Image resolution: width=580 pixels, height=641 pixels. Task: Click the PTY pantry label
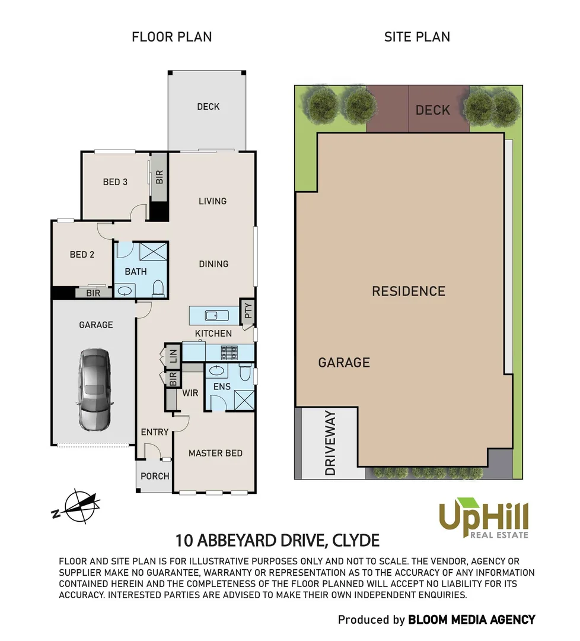(248, 311)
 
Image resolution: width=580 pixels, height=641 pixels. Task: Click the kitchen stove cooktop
(229, 353)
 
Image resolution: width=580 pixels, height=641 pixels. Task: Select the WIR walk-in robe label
(190, 393)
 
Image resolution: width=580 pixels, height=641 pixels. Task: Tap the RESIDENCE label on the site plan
(408, 291)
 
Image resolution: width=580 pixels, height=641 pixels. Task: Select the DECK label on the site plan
(432, 110)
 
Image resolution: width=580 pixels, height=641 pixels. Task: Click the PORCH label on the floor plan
(155, 476)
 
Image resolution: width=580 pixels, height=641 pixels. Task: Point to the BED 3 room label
(115, 182)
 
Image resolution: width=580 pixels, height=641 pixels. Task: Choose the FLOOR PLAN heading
(171, 37)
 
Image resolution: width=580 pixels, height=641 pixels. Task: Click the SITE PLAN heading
(417, 37)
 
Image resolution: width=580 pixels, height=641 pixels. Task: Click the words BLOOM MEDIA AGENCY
(471, 620)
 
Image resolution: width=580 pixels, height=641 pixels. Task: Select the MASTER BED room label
(215, 453)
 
